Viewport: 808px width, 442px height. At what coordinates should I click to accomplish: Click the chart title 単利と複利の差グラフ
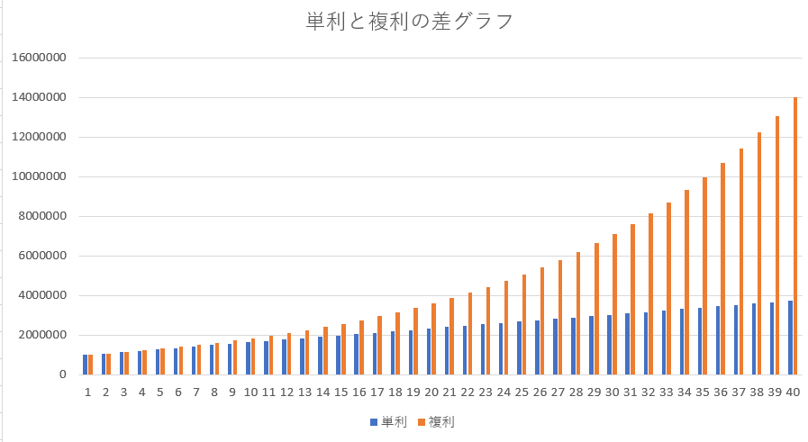pos(410,23)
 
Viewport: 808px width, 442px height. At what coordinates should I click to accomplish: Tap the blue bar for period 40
pos(791,338)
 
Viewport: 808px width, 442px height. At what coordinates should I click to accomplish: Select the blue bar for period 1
pos(86,365)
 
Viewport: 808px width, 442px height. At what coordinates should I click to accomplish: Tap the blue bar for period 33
pos(665,342)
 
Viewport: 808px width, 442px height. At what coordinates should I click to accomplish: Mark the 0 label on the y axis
pos(62,374)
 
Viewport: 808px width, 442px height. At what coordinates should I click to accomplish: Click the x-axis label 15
pos(340,392)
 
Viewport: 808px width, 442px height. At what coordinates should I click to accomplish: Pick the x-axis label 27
pos(558,392)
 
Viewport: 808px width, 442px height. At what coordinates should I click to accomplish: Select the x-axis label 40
pos(793,392)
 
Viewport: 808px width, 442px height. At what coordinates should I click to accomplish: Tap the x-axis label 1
pos(88,392)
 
